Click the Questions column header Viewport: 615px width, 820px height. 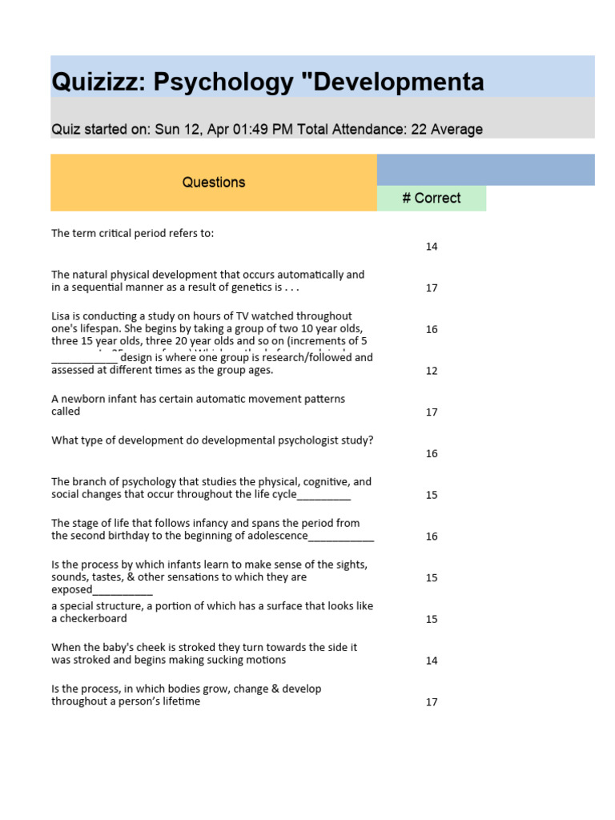click(x=214, y=183)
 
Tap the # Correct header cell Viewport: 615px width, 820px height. click(x=432, y=199)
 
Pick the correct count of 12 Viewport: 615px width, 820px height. click(x=432, y=371)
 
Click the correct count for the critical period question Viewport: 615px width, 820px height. click(x=432, y=247)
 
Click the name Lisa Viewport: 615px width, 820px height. click(x=62, y=316)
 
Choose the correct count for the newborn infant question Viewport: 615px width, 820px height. click(x=432, y=412)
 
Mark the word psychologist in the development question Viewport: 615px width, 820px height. click(x=309, y=440)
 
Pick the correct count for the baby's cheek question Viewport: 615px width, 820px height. click(x=432, y=661)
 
